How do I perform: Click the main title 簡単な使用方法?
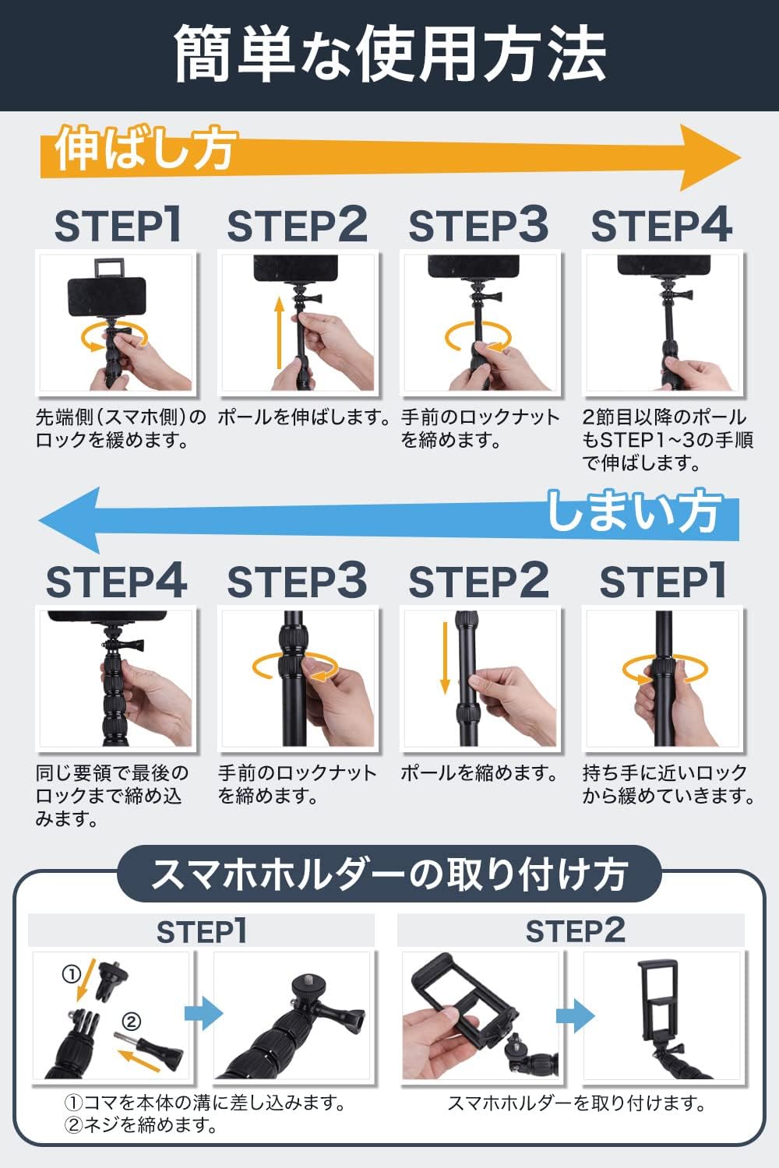point(389,55)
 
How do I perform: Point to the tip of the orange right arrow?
point(741,157)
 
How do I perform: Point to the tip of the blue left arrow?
point(39,520)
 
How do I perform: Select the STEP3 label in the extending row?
point(478,225)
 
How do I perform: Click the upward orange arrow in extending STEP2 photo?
point(280,333)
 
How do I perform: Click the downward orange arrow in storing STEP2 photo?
point(445,657)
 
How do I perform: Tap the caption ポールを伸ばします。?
point(304,417)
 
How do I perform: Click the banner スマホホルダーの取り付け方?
point(389,874)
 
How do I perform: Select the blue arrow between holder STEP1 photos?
point(203,1013)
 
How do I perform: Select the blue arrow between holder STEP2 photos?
point(575,1015)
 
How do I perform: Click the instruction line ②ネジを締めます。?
point(142,1126)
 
